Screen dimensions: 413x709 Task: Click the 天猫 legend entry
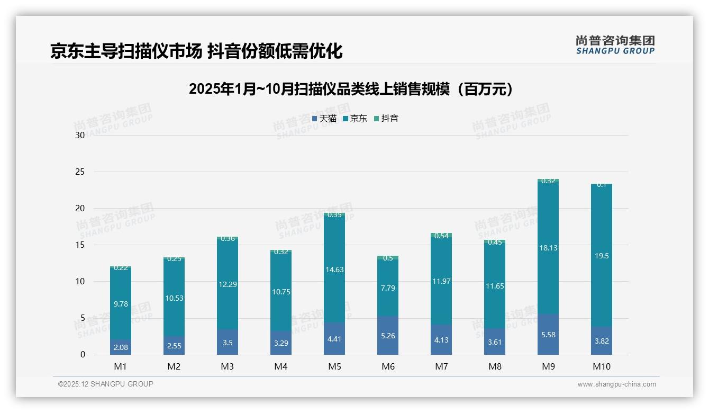coord(324,119)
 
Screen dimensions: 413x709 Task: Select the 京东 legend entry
coord(355,119)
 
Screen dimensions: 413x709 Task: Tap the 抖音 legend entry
coord(386,119)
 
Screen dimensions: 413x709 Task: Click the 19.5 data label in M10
coord(602,256)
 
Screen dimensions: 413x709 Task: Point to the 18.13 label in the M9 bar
coord(548,248)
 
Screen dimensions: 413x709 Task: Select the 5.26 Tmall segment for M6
coord(388,336)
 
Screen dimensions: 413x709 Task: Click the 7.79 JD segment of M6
coord(388,288)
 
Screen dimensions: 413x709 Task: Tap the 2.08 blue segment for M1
coord(121,347)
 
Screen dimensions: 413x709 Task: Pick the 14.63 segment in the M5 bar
coord(334,270)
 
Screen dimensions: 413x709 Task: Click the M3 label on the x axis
coord(228,366)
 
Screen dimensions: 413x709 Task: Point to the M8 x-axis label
coord(495,366)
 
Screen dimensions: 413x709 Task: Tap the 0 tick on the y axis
coord(82,355)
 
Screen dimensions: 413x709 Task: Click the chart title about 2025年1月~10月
coord(351,89)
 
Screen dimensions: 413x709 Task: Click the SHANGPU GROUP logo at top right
coord(615,45)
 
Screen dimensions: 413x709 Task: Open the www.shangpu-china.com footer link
coord(616,384)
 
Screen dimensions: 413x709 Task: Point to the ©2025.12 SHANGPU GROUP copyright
coord(106,384)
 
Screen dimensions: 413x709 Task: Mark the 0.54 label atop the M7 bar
coord(441,236)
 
